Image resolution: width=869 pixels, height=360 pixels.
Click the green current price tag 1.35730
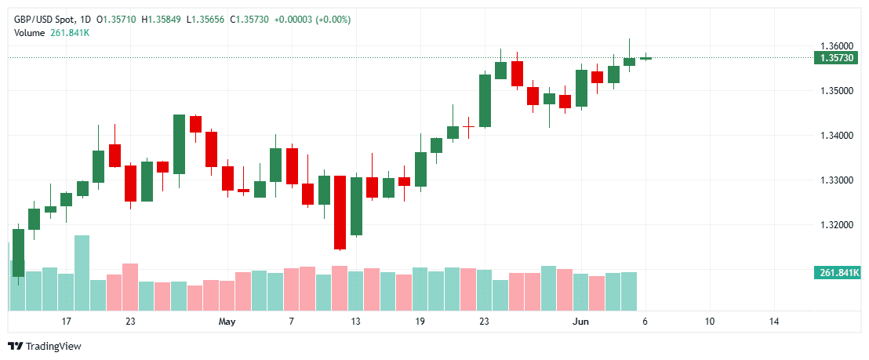[837, 58]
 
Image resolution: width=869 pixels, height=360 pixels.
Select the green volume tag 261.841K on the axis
[838, 273]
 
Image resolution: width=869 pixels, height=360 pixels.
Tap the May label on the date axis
[227, 322]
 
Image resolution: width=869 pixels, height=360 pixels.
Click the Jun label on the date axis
[580, 322]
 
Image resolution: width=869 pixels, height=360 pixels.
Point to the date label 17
[67, 322]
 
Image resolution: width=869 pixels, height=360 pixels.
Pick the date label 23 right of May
[484, 322]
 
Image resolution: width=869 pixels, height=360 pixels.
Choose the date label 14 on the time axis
[774, 322]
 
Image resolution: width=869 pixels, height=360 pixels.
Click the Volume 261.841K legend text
[51, 32]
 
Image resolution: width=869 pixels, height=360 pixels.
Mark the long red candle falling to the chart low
[340, 212]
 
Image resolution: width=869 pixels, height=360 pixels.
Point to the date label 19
[420, 322]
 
